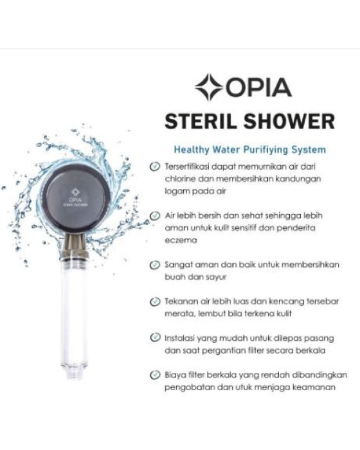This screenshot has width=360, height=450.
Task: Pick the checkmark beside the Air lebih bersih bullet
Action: tap(155, 215)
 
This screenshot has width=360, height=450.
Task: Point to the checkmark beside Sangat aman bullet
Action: tap(155, 264)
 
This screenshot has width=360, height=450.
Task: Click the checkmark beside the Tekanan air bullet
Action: tap(155, 301)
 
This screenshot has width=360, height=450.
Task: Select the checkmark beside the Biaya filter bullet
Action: tap(155, 374)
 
